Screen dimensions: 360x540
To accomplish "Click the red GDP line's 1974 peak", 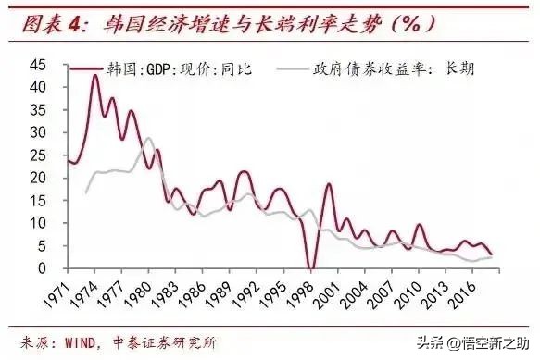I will pos(94,75).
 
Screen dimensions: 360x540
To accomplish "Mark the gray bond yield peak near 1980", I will pos(148,138).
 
